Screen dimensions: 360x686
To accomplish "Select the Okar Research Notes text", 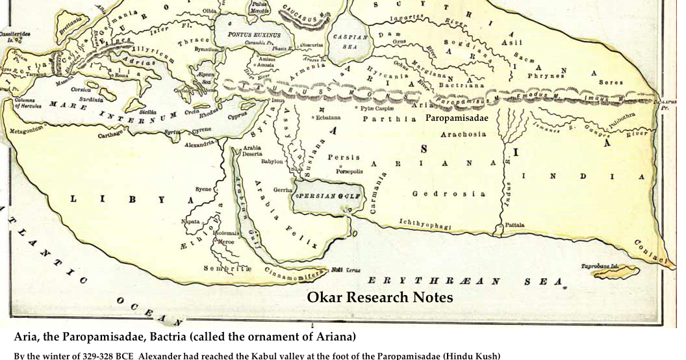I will (x=379, y=298).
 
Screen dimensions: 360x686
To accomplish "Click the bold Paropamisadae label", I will (x=457, y=119).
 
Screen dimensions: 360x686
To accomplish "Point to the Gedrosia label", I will (x=448, y=194).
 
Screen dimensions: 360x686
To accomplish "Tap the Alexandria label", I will (x=199, y=144).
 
